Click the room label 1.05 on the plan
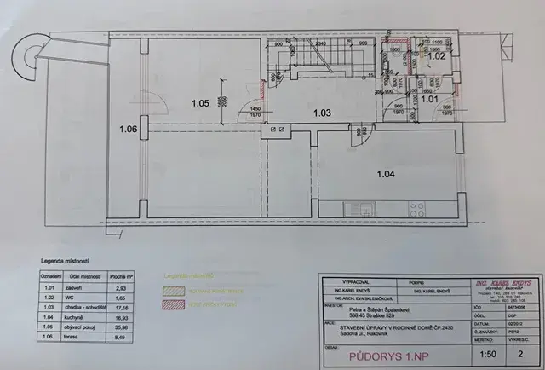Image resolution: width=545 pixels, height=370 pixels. [200, 103]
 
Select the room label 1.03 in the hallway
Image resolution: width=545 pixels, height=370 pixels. [321, 113]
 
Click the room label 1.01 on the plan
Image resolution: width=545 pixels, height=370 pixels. [430, 100]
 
